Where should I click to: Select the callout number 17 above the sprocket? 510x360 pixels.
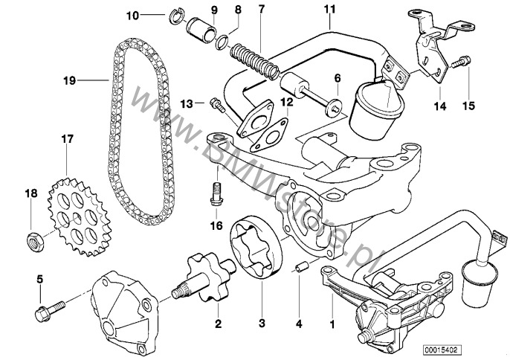(67, 138)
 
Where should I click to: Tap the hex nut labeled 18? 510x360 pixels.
(32, 240)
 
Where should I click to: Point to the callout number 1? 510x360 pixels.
(332, 324)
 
